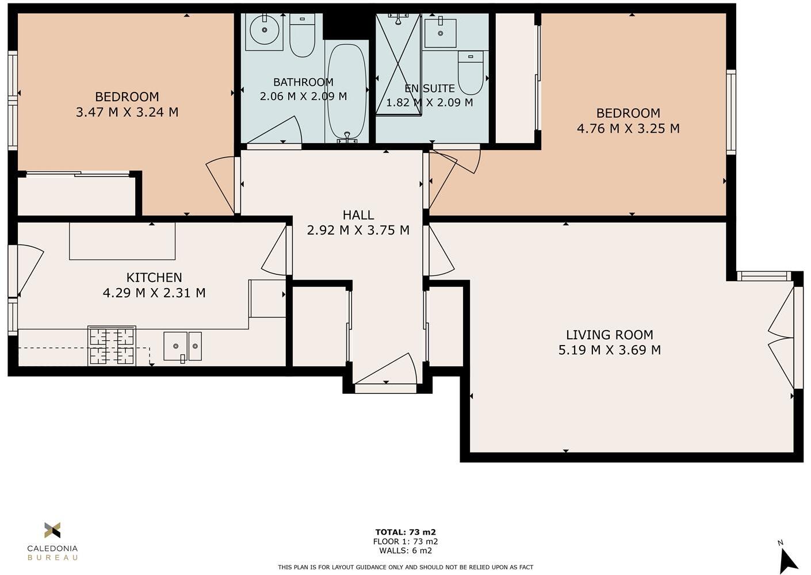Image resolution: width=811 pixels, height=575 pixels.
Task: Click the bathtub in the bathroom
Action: pyautogui.click(x=346, y=92)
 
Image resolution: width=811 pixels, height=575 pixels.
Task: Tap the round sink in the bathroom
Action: pyautogui.click(x=265, y=29)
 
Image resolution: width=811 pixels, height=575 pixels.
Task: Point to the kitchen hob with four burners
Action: pyautogui.click(x=112, y=346)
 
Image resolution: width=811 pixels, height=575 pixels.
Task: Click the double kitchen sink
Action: pyautogui.click(x=182, y=346)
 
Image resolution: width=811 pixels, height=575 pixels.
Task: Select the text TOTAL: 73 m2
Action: pyautogui.click(x=405, y=532)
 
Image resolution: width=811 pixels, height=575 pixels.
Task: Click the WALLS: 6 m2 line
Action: pyautogui.click(x=405, y=550)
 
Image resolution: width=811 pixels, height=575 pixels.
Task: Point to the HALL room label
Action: pyautogui.click(x=358, y=215)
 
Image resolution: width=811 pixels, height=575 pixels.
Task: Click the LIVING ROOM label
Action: pyautogui.click(x=609, y=335)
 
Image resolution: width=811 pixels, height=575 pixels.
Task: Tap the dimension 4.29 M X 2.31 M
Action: pyautogui.click(x=154, y=293)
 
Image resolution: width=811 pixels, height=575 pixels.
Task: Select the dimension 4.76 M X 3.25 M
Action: pyautogui.click(x=628, y=128)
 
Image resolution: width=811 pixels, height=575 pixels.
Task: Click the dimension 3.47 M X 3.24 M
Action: pyautogui.click(x=127, y=112)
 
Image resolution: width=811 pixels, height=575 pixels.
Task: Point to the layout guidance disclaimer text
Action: pyautogui.click(x=405, y=567)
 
